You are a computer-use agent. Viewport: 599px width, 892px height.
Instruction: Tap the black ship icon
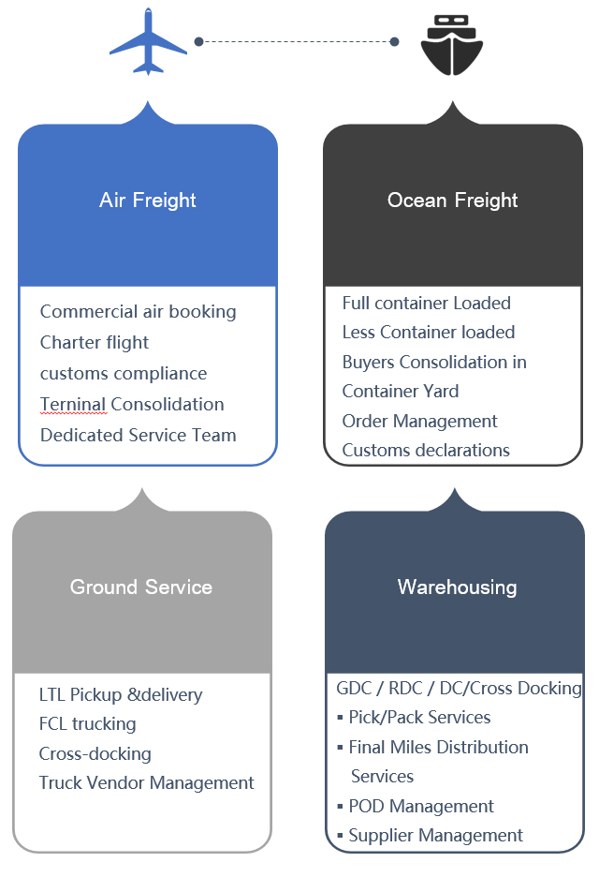(452, 45)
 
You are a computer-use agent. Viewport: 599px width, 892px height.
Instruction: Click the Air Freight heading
(148, 201)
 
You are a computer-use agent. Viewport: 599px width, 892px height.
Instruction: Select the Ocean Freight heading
(452, 201)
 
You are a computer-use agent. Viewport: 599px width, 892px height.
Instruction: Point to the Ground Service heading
(141, 587)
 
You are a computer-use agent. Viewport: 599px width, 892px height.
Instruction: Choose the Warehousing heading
(458, 587)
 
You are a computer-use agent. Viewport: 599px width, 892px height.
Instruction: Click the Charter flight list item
(95, 343)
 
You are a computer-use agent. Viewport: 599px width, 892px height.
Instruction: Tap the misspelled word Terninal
(73, 405)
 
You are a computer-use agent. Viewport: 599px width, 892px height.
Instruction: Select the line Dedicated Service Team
(139, 435)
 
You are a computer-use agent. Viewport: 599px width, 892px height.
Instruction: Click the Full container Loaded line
(426, 304)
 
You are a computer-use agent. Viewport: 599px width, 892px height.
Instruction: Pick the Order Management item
(419, 421)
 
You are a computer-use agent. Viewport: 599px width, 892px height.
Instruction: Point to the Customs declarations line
(426, 451)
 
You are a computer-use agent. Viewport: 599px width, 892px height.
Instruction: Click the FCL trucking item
(88, 724)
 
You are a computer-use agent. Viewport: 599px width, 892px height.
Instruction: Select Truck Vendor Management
(146, 782)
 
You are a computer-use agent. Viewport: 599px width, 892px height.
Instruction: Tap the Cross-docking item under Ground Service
(95, 753)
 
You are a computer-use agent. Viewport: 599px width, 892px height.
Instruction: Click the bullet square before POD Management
(340, 806)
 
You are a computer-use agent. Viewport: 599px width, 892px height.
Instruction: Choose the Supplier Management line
(435, 836)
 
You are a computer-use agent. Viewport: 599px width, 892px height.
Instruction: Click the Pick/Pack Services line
(419, 718)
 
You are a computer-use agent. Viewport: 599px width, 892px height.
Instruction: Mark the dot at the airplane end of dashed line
(199, 41)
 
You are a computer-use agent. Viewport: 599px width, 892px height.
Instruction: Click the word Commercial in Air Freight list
(89, 312)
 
